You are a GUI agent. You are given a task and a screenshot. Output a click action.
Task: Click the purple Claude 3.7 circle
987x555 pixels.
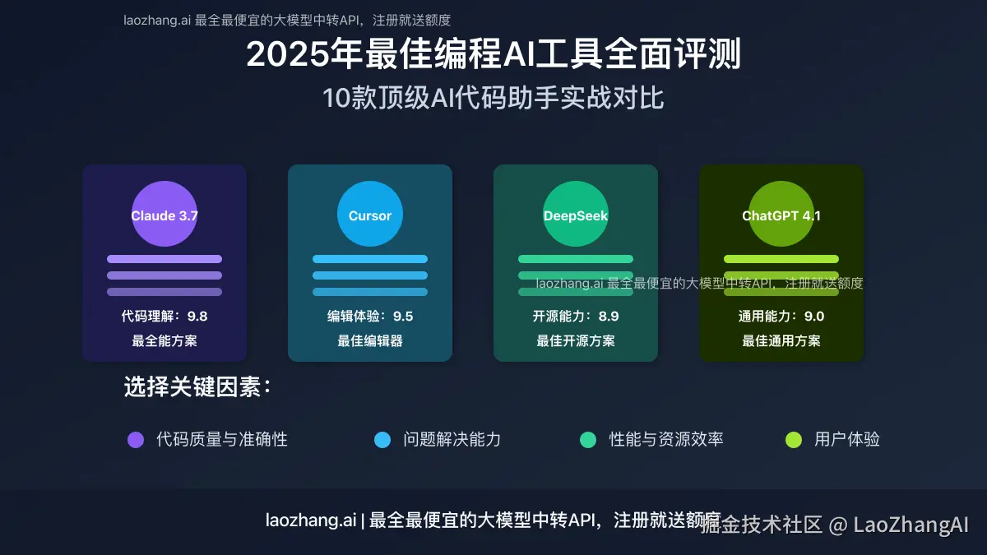point(164,214)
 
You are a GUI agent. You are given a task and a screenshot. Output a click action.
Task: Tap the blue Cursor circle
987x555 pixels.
point(370,214)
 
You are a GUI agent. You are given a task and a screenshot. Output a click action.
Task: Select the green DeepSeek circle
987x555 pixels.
point(576,214)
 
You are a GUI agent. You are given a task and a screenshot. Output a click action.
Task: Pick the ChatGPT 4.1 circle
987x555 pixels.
point(781,214)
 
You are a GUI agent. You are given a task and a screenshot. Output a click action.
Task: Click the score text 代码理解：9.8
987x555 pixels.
point(164,317)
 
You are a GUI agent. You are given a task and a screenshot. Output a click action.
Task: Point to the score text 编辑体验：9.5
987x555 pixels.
point(370,317)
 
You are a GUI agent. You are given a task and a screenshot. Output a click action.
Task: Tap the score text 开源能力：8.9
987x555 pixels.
point(576,317)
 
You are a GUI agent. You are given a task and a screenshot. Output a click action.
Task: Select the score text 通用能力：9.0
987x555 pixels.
point(781,317)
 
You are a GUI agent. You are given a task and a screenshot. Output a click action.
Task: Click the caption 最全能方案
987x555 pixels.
point(164,341)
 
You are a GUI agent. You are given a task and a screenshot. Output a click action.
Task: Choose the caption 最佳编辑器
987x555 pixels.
point(370,341)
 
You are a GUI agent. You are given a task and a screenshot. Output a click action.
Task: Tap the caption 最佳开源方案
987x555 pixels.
point(576,341)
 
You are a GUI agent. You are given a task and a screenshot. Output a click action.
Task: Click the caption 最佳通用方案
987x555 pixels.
point(781,341)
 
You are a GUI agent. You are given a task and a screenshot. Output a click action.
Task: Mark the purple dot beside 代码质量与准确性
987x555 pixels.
point(136,440)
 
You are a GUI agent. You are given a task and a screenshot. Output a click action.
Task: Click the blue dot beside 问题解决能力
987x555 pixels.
point(382,440)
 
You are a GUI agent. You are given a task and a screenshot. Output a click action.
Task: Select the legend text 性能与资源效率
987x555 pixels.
point(665,439)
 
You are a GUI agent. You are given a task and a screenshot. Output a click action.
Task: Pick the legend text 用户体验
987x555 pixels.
point(847,439)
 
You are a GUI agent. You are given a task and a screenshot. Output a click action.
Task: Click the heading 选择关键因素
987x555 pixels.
point(197,387)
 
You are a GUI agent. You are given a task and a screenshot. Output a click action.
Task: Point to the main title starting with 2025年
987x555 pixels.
point(493,55)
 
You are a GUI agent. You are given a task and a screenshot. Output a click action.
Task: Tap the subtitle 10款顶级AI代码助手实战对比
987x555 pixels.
point(493,99)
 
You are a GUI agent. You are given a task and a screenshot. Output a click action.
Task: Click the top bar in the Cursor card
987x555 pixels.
point(370,259)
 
